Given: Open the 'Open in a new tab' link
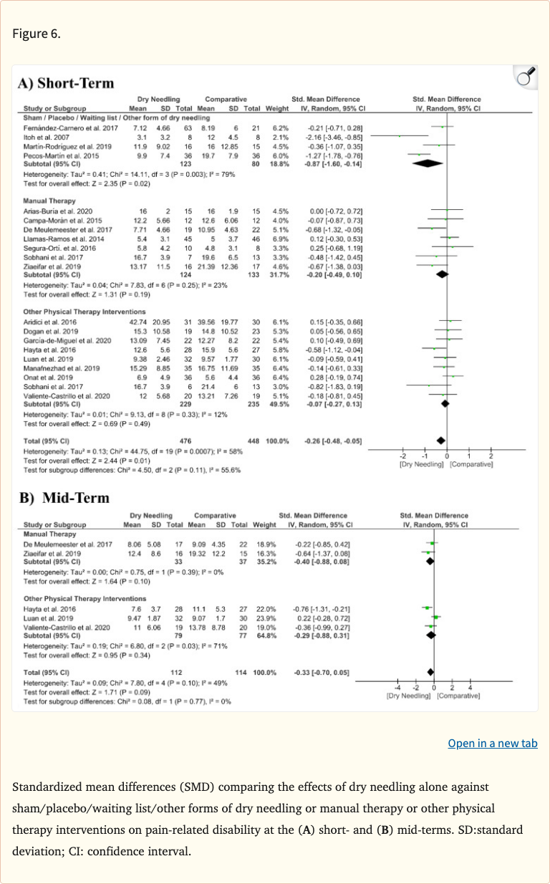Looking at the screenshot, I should pos(492,743).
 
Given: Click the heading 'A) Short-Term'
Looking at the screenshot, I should pos(66,82).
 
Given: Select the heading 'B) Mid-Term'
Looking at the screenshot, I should pos(64,497).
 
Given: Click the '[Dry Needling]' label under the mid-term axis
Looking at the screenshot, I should pos(407,695).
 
